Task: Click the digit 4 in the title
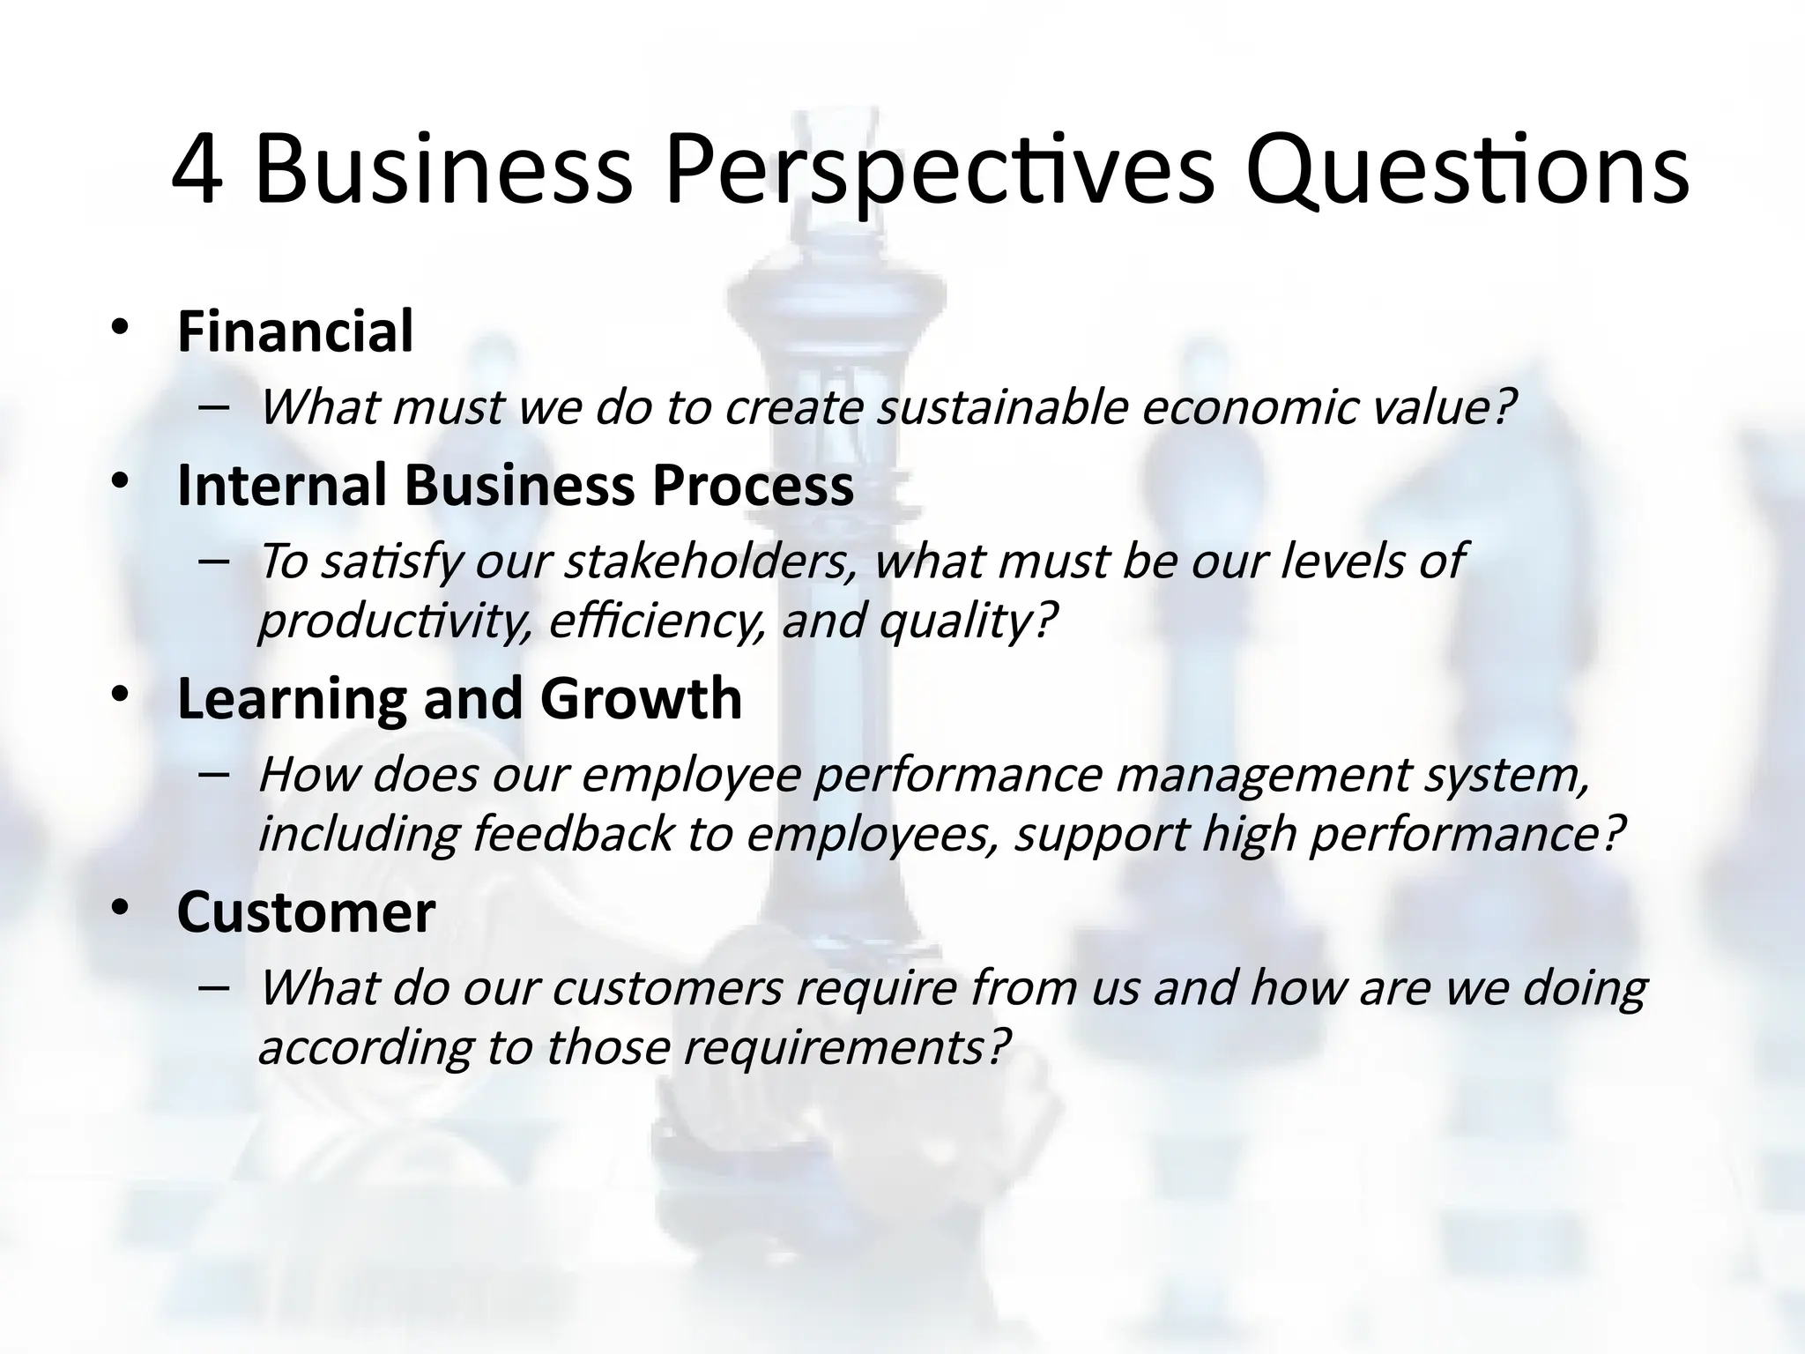[197, 171]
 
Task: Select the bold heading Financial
[294, 332]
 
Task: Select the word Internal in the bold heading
[282, 486]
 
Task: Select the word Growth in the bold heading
[641, 699]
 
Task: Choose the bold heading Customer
[306, 912]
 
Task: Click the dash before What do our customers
[214, 987]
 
